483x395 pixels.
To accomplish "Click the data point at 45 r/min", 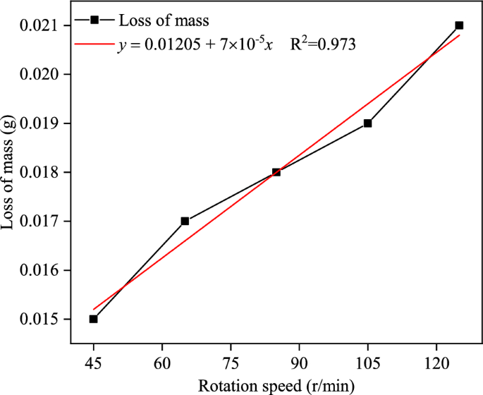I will tap(93, 319).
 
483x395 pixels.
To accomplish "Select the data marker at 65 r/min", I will tap(185, 221).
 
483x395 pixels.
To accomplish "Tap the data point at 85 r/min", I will tap(276, 172).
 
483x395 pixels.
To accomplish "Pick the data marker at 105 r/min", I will tap(367, 123).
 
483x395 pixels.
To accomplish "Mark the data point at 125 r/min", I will tap(459, 25).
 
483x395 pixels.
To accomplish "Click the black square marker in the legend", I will tap(94, 20).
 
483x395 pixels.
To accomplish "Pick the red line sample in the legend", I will tap(94, 44).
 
